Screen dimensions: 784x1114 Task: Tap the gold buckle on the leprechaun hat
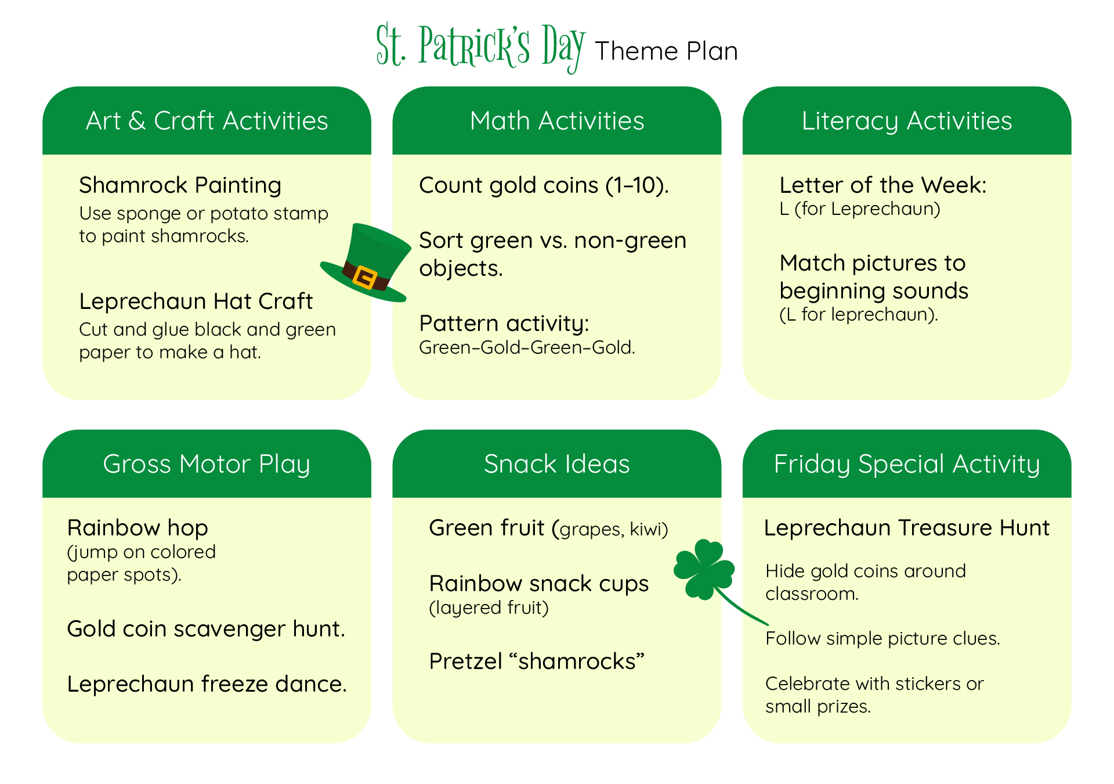click(x=365, y=277)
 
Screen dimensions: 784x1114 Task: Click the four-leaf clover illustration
click(x=704, y=569)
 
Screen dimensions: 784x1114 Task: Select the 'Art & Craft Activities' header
click(x=207, y=121)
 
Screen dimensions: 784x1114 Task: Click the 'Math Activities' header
click(x=556, y=121)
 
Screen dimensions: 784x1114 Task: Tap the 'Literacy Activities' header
click(x=906, y=121)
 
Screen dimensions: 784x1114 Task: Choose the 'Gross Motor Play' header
click(x=207, y=464)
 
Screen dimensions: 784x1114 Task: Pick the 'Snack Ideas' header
click(x=556, y=464)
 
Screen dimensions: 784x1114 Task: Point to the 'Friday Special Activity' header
click(x=906, y=464)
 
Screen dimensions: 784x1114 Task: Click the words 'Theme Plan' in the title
click(x=666, y=51)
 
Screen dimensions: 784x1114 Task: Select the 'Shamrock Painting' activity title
click(x=180, y=185)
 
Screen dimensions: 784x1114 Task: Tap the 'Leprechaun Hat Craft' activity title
click(x=196, y=301)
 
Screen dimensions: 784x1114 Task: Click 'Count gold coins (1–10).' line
click(x=544, y=185)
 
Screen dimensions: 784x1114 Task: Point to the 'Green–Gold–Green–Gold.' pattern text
click(x=527, y=347)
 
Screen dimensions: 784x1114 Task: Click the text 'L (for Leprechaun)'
click(x=859, y=208)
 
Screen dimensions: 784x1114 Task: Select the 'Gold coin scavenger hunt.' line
click(x=206, y=629)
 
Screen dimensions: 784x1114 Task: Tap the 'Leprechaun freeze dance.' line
click(x=207, y=684)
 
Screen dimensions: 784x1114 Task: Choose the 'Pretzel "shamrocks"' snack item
click(x=537, y=661)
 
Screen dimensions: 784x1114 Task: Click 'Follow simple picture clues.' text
click(x=882, y=638)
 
